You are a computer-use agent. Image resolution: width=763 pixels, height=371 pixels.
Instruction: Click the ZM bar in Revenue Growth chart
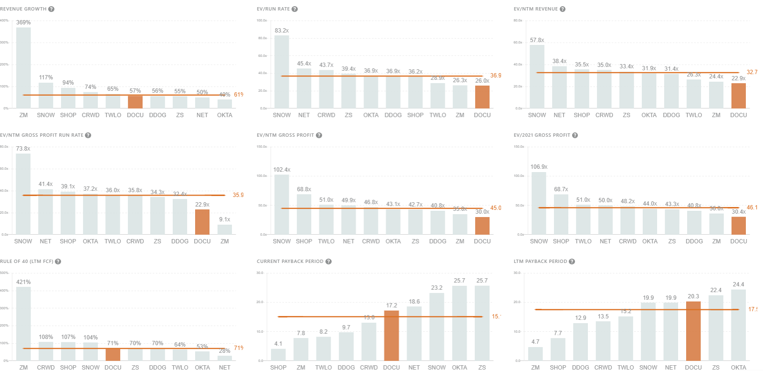pos(23,67)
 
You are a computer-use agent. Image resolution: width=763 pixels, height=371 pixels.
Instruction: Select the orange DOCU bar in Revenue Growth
pos(135,102)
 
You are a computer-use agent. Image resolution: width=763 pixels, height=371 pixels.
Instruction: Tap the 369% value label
pos(23,22)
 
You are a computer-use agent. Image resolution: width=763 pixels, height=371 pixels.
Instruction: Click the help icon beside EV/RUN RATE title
pos(294,9)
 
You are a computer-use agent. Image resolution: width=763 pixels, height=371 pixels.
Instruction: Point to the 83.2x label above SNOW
pos(282,31)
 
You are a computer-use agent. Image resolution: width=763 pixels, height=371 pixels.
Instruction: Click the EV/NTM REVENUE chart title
pos(535,9)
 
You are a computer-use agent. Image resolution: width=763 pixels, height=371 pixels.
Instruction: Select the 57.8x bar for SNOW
pos(537,76)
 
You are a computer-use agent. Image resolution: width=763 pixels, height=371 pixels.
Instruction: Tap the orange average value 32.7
pos(752,72)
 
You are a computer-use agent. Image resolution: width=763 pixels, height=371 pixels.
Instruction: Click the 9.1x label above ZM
pos(224,219)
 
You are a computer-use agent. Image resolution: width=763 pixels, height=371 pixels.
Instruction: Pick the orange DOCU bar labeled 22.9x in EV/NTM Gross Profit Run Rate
pos(202,222)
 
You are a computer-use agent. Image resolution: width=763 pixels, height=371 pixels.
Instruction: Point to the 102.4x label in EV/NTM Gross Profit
pos(282,170)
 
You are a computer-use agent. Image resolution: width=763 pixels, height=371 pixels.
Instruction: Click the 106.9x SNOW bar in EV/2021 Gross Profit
pos(539,203)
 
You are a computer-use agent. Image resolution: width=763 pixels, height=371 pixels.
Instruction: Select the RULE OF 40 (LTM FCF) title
pos(27,262)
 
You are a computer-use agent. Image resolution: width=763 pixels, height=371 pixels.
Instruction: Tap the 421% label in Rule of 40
pos(23,282)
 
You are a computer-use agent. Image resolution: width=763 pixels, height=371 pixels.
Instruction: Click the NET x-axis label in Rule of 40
pos(224,367)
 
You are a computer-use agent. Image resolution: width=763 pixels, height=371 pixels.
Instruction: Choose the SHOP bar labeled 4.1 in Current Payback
pos(278,355)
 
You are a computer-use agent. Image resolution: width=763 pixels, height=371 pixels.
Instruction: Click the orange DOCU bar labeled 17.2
pos(391,336)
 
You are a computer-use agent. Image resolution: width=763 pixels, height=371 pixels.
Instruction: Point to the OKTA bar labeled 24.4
pos(738,325)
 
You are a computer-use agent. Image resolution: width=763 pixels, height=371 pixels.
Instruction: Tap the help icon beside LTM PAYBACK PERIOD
pos(572,262)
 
